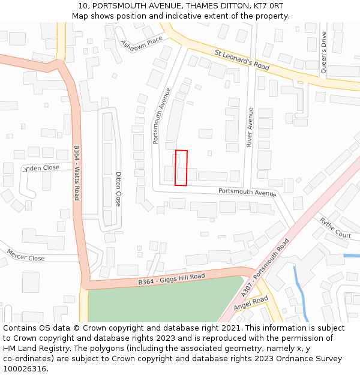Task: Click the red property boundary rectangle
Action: tap(181, 167)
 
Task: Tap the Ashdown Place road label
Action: tap(142, 43)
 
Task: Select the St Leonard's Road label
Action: tap(242, 61)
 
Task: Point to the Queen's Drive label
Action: tap(324, 61)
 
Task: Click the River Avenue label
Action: tap(250, 127)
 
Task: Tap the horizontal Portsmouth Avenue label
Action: tap(247, 193)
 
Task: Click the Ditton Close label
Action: tap(118, 190)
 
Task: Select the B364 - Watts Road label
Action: tap(77, 173)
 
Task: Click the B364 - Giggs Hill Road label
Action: tap(172, 279)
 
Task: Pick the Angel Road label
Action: tap(251, 304)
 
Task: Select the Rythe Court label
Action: tap(335, 228)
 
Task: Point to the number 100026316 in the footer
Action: tap(25, 368)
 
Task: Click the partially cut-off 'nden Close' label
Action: tap(42, 168)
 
